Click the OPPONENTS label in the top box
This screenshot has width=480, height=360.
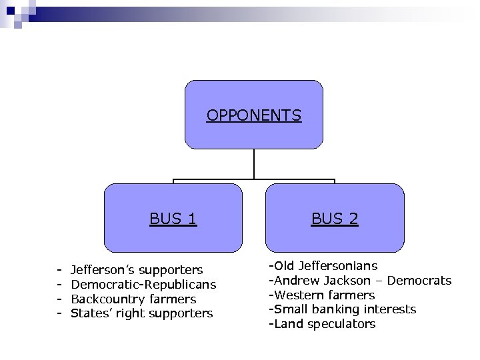point(253,115)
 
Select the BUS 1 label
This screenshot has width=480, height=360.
point(173,219)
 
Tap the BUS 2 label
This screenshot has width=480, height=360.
point(335,219)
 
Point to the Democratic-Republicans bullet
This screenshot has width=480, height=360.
point(143,285)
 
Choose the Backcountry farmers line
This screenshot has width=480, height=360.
point(133,299)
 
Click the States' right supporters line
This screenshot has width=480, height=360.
point(141,313)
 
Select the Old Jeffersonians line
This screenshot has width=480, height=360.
point(323,266)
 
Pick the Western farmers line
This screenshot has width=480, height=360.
point(321,295)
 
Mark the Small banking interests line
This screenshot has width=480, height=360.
point(342,309)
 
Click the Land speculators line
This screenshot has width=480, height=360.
point(322,324)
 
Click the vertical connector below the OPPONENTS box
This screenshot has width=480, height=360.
point(254,164)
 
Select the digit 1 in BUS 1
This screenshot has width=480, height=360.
point(192,219)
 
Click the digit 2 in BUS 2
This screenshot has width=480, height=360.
point(353,219)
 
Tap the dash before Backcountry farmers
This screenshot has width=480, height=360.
point(59,299)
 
